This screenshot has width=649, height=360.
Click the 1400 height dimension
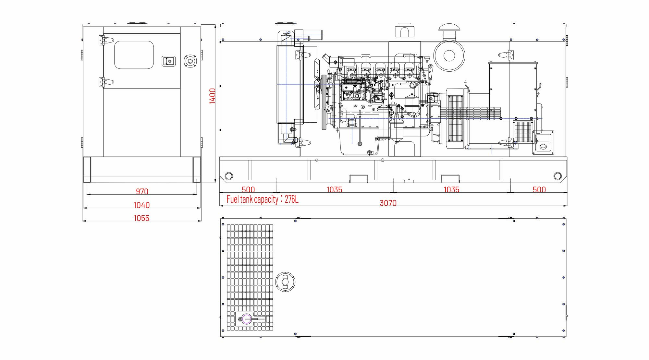pyautogui.click(x=212, y=96)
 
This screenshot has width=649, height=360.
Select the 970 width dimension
pyautogui.click(x=142, y=191)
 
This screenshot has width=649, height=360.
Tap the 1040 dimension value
pyautogui.click(x=142, y=205)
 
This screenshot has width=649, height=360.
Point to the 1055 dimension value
pyautogui.click(x=141, y=218)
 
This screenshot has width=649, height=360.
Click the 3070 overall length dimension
pyautogui.click(x=388, y=203)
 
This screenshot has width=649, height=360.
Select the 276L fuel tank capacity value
pyautogui.click(x=291, y=199)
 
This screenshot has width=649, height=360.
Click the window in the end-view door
pyautogui.click(x=134, y=55)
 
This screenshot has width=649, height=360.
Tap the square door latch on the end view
pyautogui.click(x=169, y=61)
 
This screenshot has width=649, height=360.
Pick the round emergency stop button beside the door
pyautogui.click(x=190, y=61)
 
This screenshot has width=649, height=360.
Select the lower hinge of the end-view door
pyautogui.click(x=106, y=82)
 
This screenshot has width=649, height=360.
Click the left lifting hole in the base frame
pyautogui.click(x=228, y=176)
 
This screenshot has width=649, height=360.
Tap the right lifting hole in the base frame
pyautogui.click(x=557, y=176)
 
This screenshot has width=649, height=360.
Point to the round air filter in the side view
pyautogui.click(x=449, y=56)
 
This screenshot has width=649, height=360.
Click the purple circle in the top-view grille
pyautogui.click(x=246, y=319)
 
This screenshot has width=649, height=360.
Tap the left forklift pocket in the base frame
pyautogui.click(x=359, y=179)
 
